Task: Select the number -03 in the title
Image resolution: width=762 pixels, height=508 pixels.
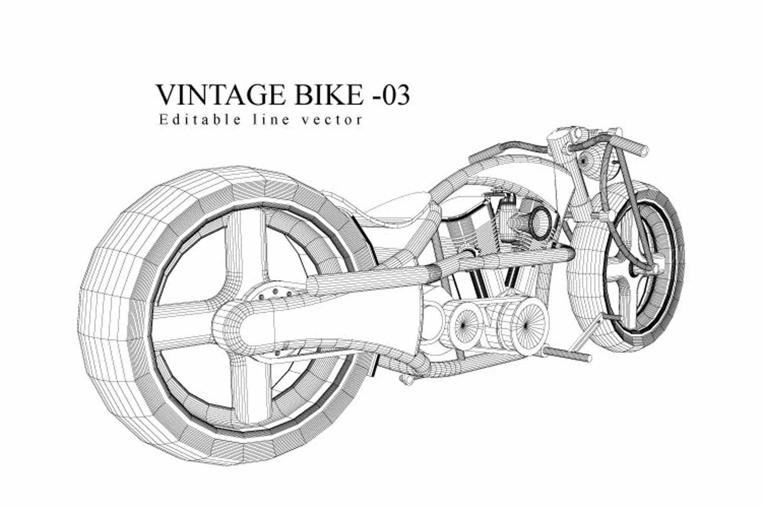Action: coord(392,95)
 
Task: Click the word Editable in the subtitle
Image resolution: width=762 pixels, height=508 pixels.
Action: coord(200,119)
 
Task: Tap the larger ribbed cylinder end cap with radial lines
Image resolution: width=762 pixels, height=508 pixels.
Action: coord(526,325)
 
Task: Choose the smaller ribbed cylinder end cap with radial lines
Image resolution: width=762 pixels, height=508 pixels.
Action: coord(463,326)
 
